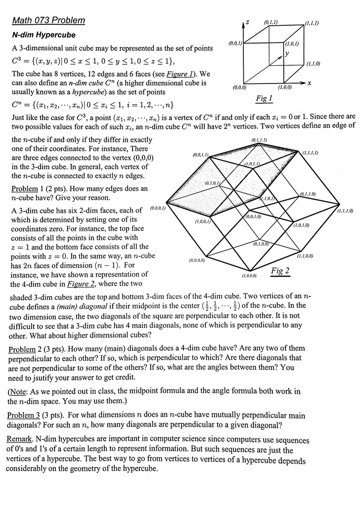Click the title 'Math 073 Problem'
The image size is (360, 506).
(48, 21)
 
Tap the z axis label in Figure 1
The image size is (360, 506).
(247, 23)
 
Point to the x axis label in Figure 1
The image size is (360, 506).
(309, 84)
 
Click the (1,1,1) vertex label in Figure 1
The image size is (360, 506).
(312, 23)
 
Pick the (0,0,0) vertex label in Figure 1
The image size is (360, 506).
(239, 87)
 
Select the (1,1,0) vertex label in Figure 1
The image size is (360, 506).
(313, 64)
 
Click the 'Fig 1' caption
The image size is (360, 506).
(264, 99)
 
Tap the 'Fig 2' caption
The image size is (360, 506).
(280, 270)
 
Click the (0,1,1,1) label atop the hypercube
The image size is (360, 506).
(259, 140)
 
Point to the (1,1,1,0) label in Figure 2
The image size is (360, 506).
(345, 211)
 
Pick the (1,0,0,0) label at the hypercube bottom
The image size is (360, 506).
(249, 275)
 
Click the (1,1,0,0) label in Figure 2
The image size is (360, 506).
(305, 256)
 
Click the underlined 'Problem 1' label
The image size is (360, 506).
(25, 189)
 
